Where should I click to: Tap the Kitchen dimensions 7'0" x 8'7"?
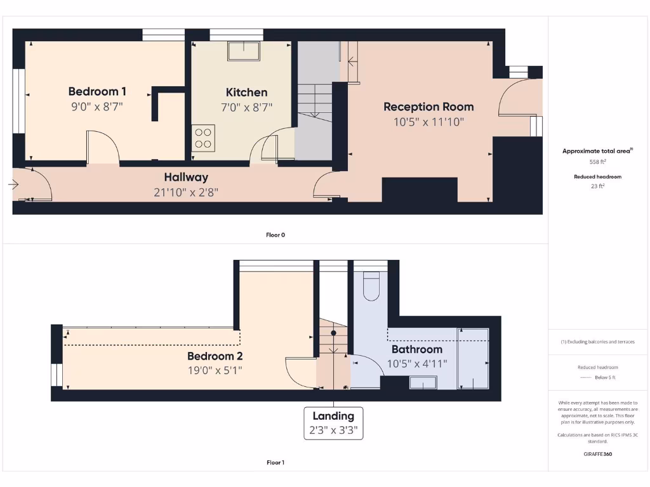[246, 107]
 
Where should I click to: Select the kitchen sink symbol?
[244, 51]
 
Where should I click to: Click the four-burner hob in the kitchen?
[203, 138]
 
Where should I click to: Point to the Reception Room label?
[428, 107]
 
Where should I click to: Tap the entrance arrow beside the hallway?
[14, 185]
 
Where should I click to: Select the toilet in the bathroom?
[371, 286]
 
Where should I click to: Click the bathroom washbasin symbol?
[423, 382]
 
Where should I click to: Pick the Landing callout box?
[333, 424]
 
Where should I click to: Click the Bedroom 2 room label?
[215, 356]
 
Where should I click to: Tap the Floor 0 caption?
[275, 235]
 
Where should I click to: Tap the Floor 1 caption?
[275, 462]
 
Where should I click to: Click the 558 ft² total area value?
[597, 161]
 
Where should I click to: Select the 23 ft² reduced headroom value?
[597, 186]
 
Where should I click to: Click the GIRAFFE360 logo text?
[597, 454]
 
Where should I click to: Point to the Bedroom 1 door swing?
[103, 146]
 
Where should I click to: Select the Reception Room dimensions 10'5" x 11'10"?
[428, 122]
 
